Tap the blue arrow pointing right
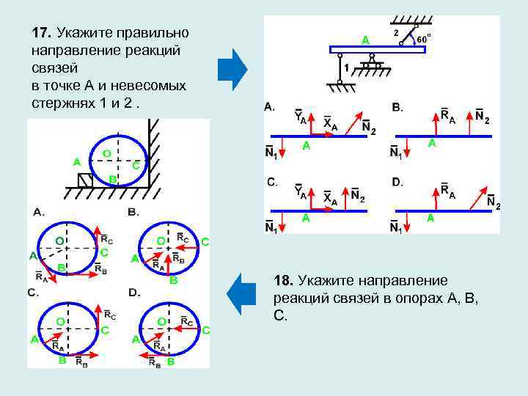pos(232,69)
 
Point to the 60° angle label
pos(423,38)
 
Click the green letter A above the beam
pos(364,40)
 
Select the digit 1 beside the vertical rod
pos(346,67)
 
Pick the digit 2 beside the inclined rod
pos(397,33)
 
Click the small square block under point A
pos(86,180)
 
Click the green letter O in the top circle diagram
pos(106,153)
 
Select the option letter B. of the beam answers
pos(397,108)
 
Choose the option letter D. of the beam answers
pos(397,181)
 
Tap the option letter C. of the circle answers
pos(33,293)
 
